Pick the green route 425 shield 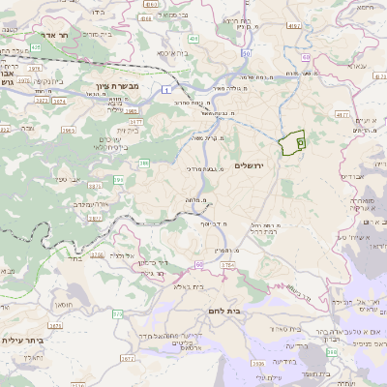point(35,45)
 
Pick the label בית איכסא point(179,55)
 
